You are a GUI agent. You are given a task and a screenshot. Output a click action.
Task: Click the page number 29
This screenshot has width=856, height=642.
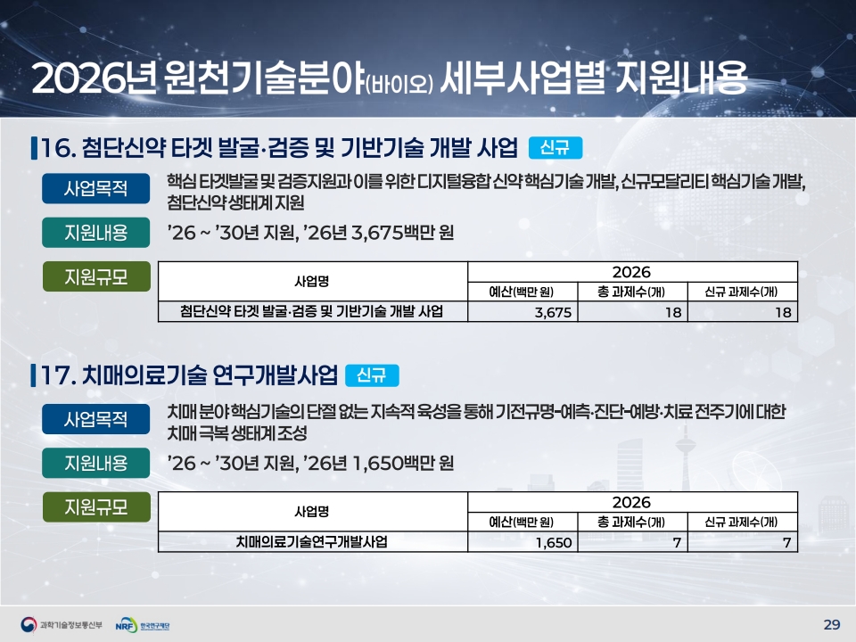(x=831, y=624)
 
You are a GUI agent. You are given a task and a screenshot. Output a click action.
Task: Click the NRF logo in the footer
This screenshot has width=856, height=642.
(x=143, y=625)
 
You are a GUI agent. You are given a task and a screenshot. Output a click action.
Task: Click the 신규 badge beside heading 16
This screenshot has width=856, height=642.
(x=556, y=147)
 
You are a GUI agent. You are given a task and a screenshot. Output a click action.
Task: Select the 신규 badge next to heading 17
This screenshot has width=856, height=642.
(x=372, y=375)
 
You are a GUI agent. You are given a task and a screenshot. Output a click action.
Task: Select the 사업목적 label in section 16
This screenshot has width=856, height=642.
(x=95, y=188)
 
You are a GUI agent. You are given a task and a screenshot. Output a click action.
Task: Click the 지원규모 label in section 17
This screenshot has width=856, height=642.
(x=96, y=507)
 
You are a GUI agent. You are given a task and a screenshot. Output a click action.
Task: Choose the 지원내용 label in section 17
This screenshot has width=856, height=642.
(x=95, y=463)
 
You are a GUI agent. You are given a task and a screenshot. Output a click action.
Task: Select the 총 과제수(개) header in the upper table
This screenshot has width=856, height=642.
(x=631, y=292)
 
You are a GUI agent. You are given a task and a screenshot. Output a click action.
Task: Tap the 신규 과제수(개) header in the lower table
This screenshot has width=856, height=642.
(x=741, y=522)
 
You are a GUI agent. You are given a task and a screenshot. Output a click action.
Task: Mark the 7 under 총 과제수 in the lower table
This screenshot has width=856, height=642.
(x=677, y=543)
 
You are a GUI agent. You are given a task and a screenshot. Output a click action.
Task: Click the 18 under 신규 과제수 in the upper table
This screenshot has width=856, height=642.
(x=783, y=312)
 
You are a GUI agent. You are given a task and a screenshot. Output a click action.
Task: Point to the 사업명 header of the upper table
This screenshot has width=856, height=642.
(x=312, y=281)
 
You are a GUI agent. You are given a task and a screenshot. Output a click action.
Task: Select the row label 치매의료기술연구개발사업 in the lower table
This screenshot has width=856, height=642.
(x=312, y=541)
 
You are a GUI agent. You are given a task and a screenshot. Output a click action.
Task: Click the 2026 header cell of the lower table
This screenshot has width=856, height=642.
(x=631, y=502)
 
